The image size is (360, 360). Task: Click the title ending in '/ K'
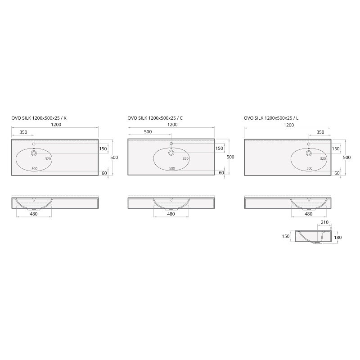(x=39, y=118)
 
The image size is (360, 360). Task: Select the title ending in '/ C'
(x=155, y=118)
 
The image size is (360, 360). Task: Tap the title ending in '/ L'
(x=271, y=118)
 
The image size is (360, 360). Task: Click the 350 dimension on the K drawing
(x=23, y=132)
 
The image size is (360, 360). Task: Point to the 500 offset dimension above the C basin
(x=148, y=132)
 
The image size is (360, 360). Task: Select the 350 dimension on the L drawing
(x=320, y=132)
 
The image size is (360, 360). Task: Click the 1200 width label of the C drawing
(x=172, y=125)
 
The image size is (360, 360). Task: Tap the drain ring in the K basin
(x=34, y=153)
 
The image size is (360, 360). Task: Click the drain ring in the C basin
(x=171, y=153)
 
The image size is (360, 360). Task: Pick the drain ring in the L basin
(x=309, y=153)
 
